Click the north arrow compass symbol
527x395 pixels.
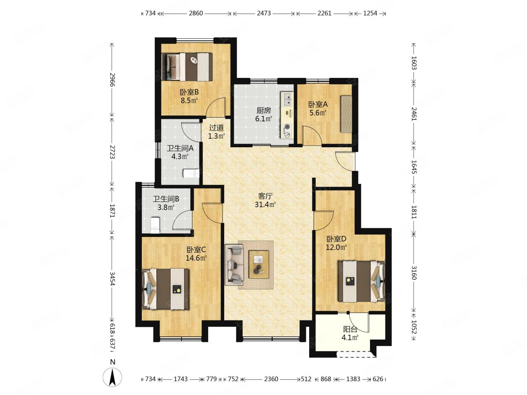(112, 377)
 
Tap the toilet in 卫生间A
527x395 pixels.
(191, 174)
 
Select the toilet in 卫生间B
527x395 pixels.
(155, 225)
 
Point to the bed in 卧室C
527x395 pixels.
(166, 289)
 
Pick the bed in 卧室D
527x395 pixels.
(361, 282)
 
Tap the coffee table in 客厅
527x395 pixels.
(259, 264)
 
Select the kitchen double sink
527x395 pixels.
(287, 99)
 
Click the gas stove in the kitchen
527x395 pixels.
(287, 131)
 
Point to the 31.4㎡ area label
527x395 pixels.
(265, 205)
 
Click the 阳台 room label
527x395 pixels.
(350, 329)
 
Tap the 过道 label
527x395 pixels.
(216, 128)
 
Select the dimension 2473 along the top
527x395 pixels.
(264, 13)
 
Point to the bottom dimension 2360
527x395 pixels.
(271, 379)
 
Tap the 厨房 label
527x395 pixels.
(263, 110)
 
